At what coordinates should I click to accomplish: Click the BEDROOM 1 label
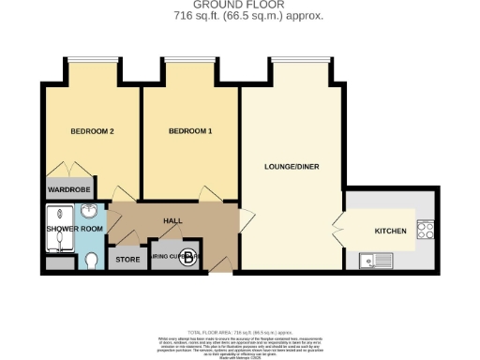click(190, 131)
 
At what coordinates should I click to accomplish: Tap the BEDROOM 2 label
click(92, 131)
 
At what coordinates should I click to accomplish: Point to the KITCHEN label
click(390, 230)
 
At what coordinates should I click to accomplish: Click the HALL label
click(172, 221)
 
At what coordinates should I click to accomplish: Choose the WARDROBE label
click(68, 190)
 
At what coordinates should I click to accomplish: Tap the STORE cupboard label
click(126, 258)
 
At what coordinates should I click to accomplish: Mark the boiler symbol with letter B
click(188, 257)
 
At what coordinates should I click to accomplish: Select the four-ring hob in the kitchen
click(426, 230)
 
